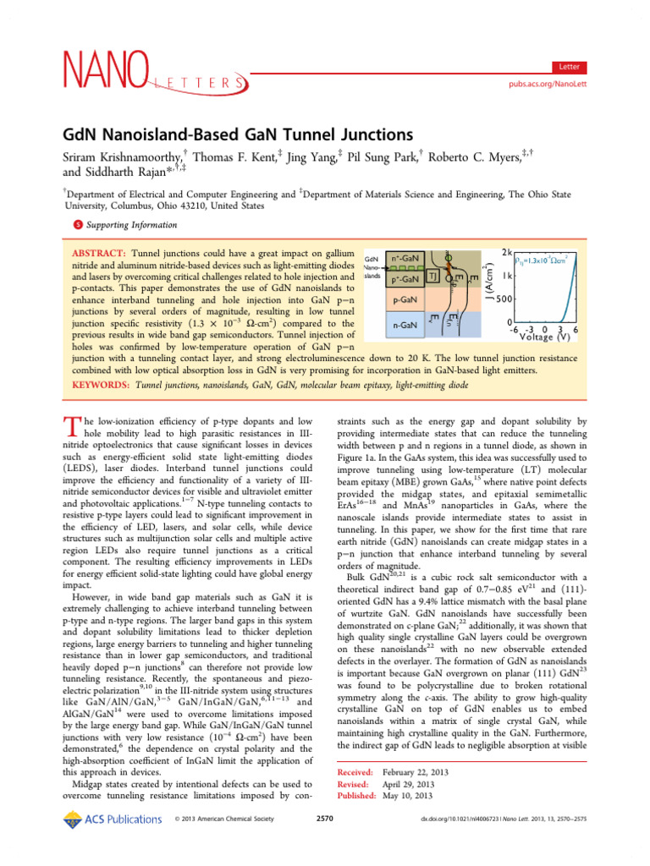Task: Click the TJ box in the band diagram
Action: pos(432,277)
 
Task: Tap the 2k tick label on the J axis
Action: pos(506,253)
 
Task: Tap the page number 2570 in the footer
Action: pos(325,819)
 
